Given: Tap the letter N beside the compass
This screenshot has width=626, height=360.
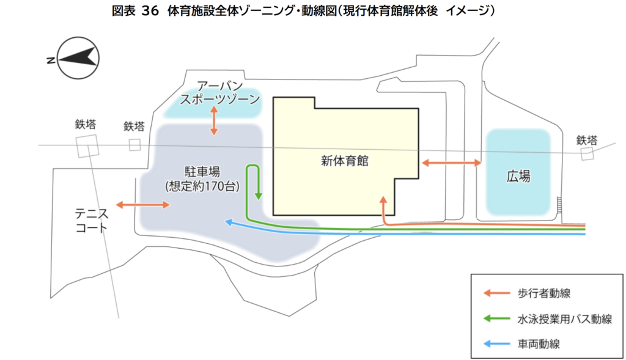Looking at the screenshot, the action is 51,61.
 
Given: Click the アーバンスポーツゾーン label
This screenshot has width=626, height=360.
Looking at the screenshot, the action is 220,92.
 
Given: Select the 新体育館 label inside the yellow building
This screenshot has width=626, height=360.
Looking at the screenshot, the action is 345,161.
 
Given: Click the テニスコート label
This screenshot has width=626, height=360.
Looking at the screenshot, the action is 92,221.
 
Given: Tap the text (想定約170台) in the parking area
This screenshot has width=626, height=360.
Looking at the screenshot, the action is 202,186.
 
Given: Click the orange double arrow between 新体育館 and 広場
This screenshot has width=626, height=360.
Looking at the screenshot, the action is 452,163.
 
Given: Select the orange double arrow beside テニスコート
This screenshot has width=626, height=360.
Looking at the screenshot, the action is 143,205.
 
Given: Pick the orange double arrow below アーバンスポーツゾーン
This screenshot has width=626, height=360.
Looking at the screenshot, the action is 214,120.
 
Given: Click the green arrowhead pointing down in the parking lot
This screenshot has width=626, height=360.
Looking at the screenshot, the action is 259,196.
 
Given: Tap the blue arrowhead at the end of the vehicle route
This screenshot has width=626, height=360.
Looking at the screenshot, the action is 229,222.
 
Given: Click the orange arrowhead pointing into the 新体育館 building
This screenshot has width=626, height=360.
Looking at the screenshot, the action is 383,199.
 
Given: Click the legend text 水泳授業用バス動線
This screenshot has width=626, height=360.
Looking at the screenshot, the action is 564,319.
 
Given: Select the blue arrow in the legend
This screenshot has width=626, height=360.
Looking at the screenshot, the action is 496,343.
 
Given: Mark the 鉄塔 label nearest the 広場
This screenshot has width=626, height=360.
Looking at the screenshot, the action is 587,140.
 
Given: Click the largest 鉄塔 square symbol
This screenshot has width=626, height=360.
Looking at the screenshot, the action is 87,146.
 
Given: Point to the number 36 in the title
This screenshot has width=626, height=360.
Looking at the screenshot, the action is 150,11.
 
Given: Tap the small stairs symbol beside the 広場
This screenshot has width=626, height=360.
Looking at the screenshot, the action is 559,205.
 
